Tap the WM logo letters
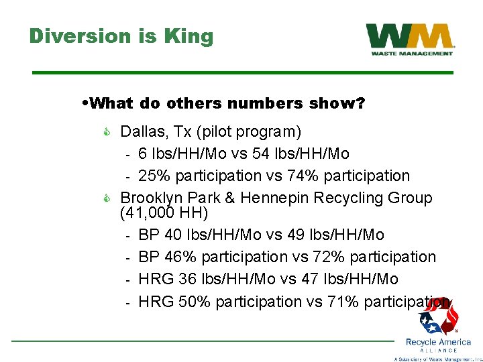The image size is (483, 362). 409,36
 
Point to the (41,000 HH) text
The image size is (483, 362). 164,213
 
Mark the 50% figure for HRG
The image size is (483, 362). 195,302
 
